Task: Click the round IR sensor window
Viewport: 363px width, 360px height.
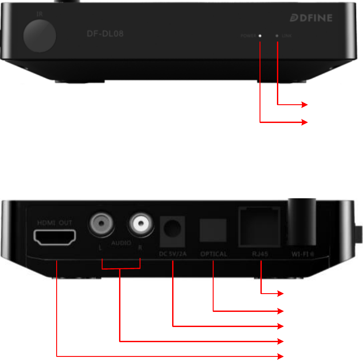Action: (40, 36)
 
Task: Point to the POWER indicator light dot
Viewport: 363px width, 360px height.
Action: (260, 36)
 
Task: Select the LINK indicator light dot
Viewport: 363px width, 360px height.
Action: (277, 36)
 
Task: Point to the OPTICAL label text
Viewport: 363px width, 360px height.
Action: (213, 254)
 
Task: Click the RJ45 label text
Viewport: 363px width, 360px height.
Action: (260, 254)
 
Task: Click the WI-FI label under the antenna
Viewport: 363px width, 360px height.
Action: (301, 254)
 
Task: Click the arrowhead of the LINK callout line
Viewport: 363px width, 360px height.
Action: (305, 105)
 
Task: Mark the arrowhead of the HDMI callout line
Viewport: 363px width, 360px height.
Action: (281, 356)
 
